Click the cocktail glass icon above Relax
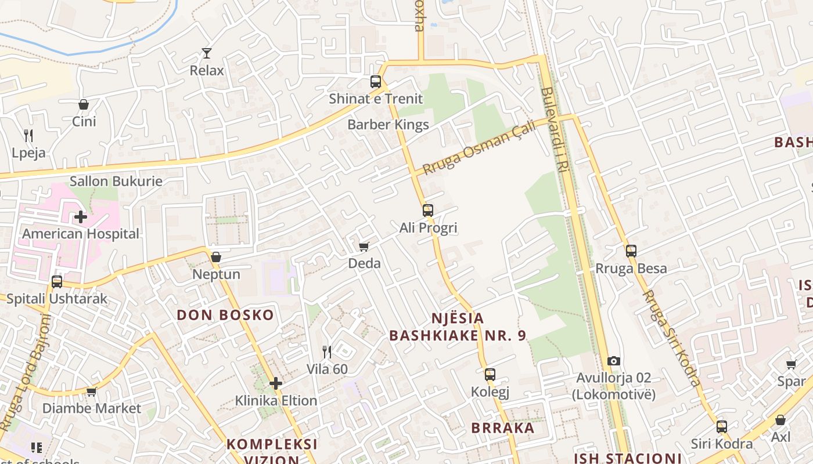pos(206,53)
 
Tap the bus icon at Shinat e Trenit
pos(376,82)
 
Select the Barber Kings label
pos(388,125)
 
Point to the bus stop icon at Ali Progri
pos(428,211)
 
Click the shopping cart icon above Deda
pos(364,247)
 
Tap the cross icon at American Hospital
pos(81,217)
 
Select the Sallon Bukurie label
pos(116,181)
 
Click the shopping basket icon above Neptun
pos(216,257)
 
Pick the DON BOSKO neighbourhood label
pos(225,316)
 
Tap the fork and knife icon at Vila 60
pos(327,352)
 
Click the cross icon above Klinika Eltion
pos(276,383)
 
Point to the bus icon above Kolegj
pos(490,375)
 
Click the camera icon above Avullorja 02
pos(613,361)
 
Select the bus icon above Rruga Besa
pos(631,251)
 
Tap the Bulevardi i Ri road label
pos(554,145)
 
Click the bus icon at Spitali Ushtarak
pos(57,282)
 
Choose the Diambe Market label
pos(92,408)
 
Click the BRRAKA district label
pos(503,428)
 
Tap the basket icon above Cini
pos(84,104)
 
